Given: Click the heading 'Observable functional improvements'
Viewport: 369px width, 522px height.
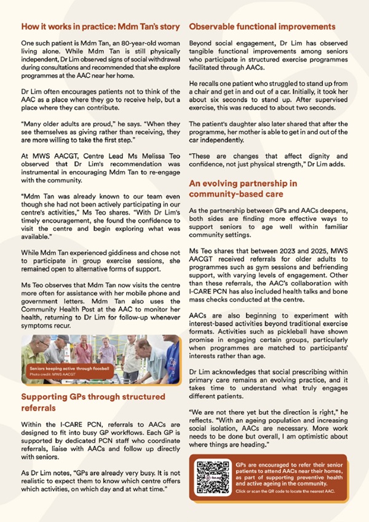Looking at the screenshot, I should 261,27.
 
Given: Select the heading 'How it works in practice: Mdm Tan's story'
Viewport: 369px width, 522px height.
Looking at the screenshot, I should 100,27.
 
